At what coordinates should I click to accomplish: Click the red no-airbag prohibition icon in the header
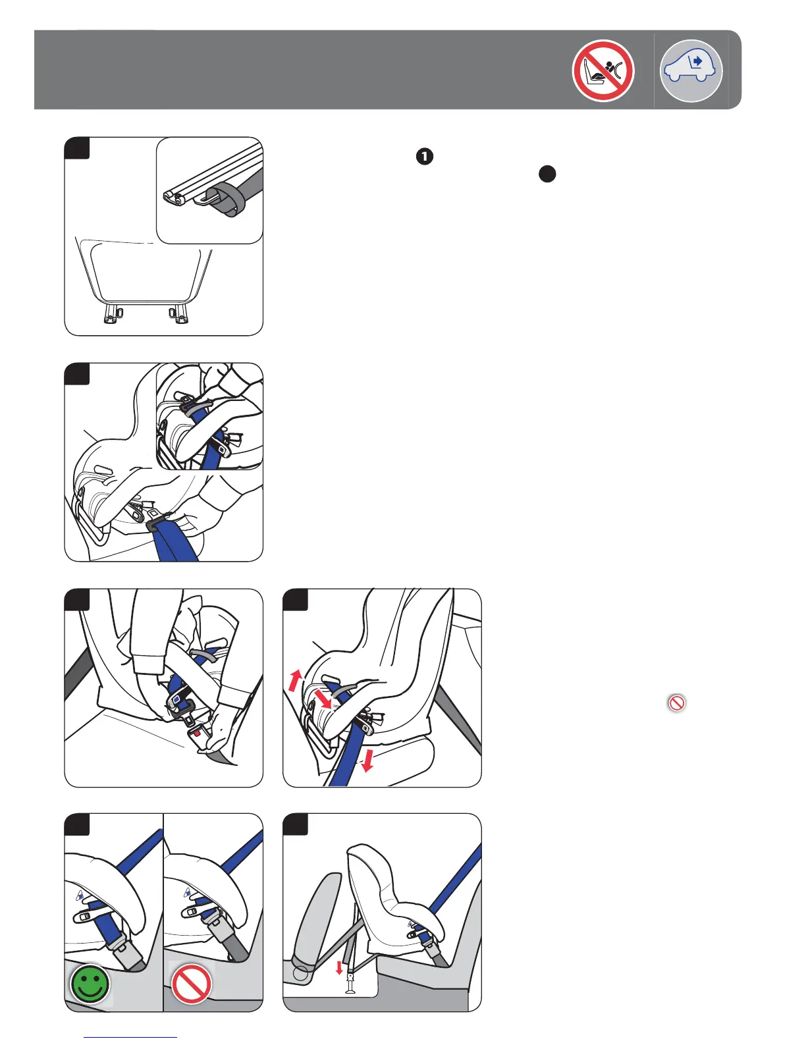603,70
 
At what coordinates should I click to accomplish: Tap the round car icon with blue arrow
691,70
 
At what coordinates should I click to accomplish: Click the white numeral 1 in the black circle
425,156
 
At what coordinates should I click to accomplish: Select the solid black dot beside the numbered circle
547,174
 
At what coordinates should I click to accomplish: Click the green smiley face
90,984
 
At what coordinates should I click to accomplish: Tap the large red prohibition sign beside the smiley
191,984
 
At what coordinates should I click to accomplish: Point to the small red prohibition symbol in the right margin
676,703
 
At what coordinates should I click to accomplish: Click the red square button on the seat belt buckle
196,732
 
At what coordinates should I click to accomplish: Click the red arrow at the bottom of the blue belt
367,761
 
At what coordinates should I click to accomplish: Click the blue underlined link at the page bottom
130,1037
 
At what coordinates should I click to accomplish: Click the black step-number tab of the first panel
78,148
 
